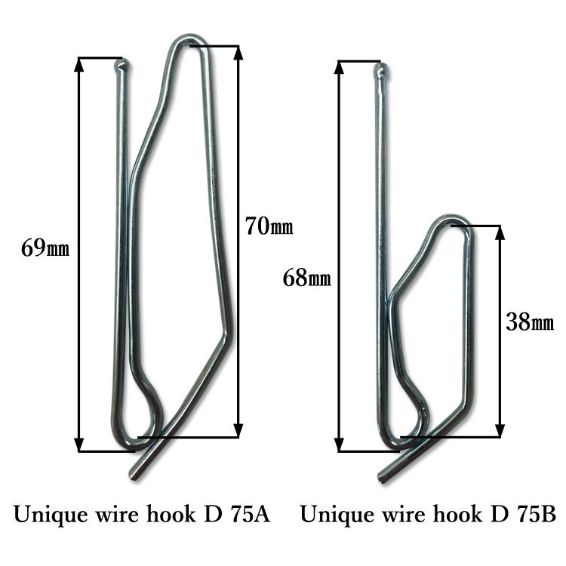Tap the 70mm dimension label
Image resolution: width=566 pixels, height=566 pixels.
click(x=269, y=225)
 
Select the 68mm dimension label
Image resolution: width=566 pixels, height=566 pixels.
click(x=306, y=278)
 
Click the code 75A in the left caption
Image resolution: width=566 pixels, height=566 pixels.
click(x=250, y=515)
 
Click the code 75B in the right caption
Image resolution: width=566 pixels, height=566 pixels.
click(x=536, y=515)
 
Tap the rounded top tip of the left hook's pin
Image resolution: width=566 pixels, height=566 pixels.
click(x=121, y=66)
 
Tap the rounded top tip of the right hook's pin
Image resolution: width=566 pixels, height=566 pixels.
click(x=381, y=72)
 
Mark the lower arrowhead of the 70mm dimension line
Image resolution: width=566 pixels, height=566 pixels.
click(x=238, y=431)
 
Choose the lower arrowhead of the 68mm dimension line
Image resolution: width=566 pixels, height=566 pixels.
click(x=340, y=446)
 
